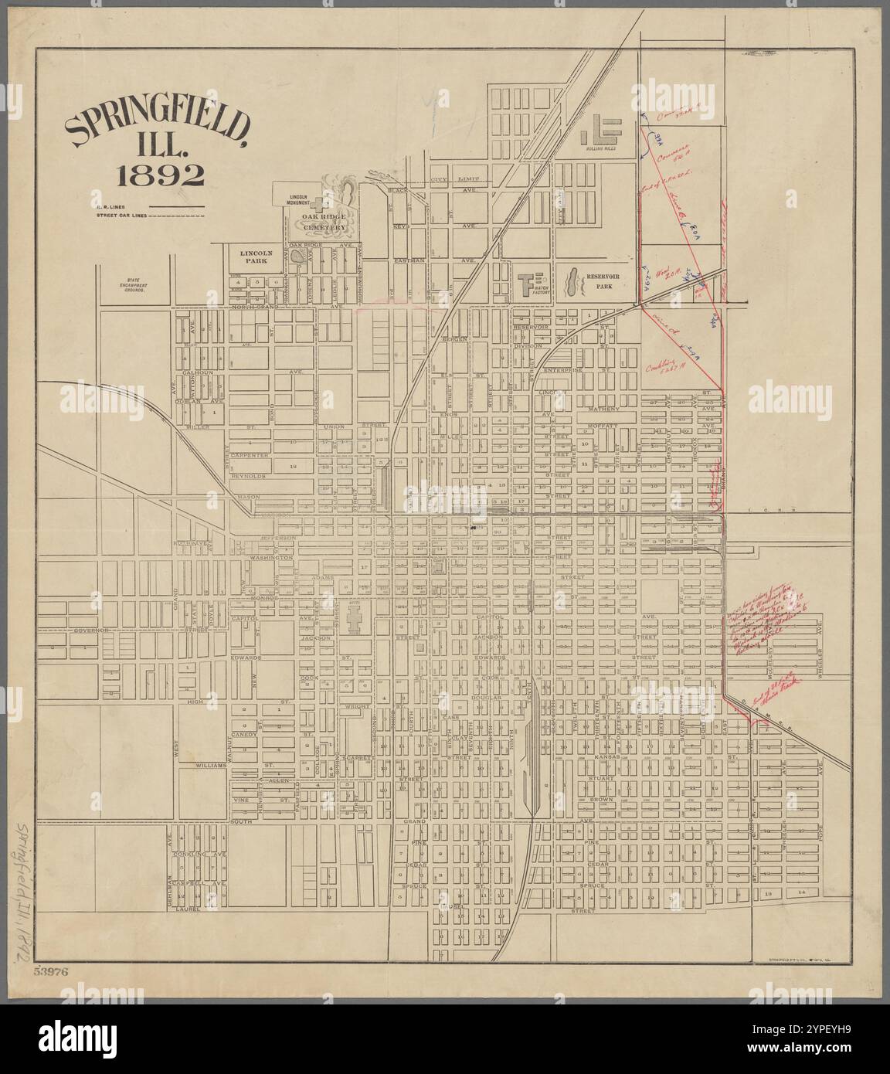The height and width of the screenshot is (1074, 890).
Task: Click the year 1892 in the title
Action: [160, 177]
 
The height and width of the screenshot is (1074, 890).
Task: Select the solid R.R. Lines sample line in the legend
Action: [175, 207]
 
